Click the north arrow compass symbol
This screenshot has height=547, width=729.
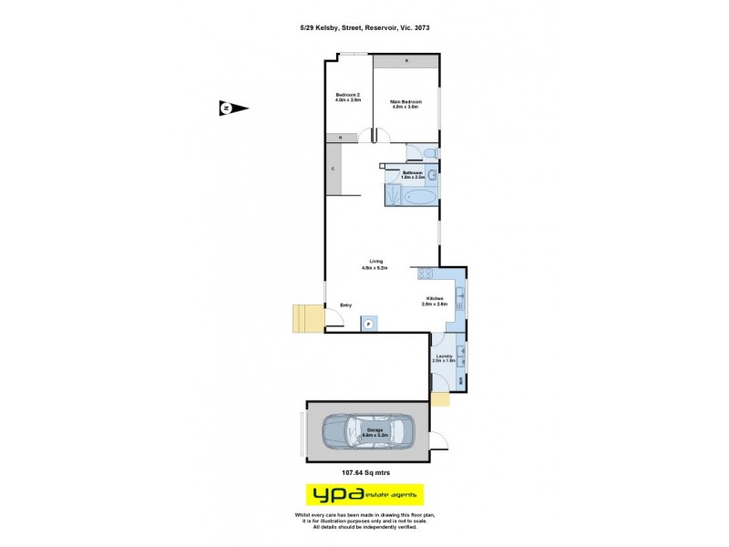(234, 108)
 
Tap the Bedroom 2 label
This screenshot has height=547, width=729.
(348, 98)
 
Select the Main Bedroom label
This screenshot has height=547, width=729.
(405, 104)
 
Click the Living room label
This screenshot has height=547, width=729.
(375, 264)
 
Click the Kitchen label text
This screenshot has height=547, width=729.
(435, 300)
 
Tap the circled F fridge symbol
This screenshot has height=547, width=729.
(369, 323)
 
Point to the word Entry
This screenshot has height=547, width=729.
(346, 305)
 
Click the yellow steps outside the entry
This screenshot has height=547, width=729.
(306, 318)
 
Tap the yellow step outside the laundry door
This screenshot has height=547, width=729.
(440, 399)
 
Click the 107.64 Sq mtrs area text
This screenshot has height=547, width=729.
(365, 472)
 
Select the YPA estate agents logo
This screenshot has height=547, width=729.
(364, 495)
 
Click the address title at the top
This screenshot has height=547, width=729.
(364, 28)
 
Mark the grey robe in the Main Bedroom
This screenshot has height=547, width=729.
(406, 60)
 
